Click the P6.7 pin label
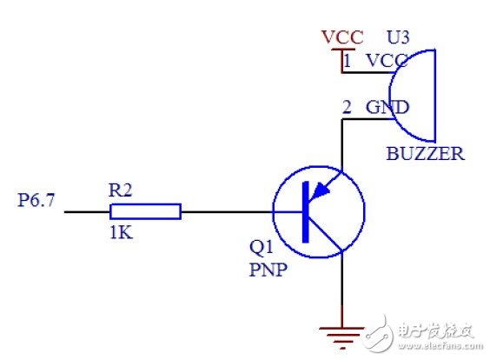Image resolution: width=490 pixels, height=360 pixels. pos(37,201)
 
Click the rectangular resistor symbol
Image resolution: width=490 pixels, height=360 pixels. pos(145,211)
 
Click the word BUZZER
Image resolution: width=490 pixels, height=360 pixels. pos(425,155)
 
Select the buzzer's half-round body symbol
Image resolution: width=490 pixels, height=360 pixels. pos(415,96)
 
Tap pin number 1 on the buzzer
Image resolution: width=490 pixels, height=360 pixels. pos(348,62)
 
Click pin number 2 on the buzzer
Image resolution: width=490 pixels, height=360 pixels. pos(348,108)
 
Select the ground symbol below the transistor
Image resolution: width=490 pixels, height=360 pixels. pos(341,330)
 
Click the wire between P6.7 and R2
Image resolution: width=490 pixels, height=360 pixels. pos(87,211)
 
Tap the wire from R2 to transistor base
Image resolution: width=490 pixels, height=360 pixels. pos(226,211)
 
